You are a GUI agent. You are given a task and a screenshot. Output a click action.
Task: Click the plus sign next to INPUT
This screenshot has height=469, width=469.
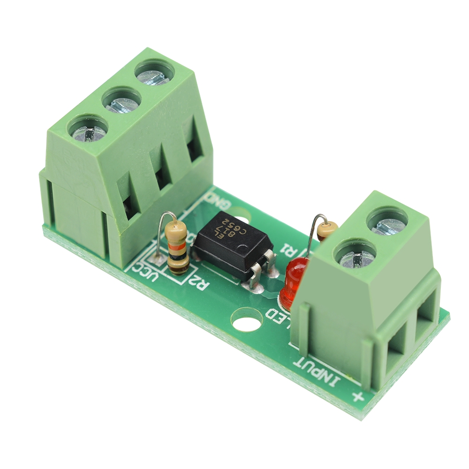tap(358, 398)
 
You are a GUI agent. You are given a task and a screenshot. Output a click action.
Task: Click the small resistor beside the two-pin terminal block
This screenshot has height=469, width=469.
tap(327, 229)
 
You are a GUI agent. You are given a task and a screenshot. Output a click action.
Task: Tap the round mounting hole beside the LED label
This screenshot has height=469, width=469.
tap(247, 320)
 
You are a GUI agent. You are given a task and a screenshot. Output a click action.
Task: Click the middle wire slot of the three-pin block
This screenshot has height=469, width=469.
tap(162, 176)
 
